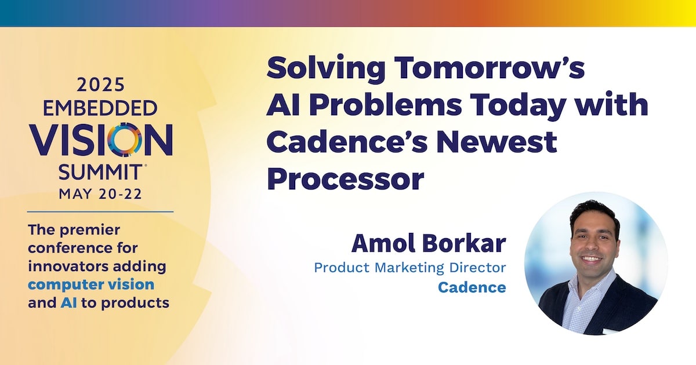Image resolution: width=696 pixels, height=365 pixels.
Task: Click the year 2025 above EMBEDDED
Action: tap(101, 85)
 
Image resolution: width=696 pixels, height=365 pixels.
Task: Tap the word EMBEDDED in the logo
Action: tap(100, 108)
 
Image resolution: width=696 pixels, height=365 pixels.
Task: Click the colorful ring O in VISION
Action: tap(125, 139)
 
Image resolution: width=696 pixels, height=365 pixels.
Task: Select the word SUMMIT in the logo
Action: tap(100, 172)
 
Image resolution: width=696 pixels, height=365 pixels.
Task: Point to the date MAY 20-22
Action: tap(100, 194)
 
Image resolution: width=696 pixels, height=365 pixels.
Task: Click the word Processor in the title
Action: tap(346, 180)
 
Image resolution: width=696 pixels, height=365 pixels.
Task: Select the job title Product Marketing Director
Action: tap(410, 268)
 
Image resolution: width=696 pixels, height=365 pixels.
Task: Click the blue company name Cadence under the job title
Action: tap(472, 287)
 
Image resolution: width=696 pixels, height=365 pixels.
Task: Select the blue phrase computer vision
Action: tap(91, 285)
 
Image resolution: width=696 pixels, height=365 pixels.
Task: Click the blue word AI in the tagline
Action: tap(68, 303)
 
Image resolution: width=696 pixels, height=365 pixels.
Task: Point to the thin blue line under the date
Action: tap(100, 212)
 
